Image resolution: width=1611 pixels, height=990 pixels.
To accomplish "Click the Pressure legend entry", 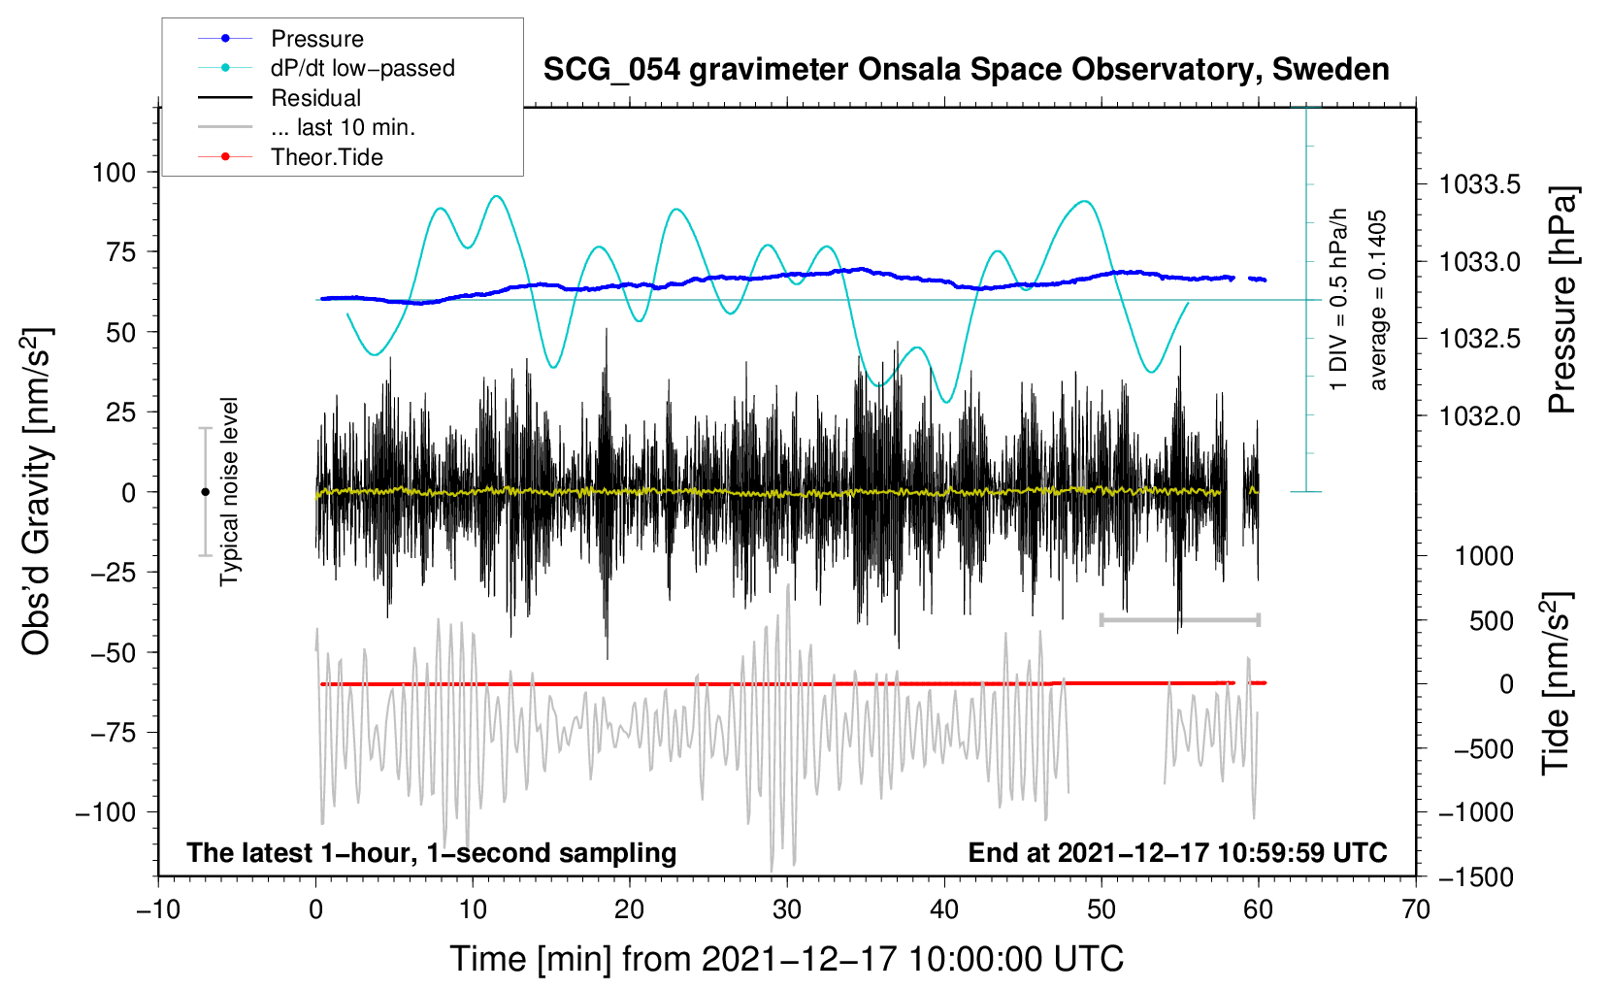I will (x=316, y=39).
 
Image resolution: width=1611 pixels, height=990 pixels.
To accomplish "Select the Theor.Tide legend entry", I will (x=326, y=157).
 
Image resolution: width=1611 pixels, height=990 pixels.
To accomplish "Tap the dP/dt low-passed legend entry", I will (x=362, y=68).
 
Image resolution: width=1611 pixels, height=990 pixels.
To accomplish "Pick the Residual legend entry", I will (x=315, y=98).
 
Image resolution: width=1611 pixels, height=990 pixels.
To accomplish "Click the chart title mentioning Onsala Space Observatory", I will (x=966, y=70).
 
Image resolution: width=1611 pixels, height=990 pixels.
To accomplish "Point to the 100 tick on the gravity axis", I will (x=114, y=173).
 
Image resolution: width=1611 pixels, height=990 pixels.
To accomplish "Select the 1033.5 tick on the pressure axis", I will (x=1479, y=184).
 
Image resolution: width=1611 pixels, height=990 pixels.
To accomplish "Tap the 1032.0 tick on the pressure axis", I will (x=1479, y=416).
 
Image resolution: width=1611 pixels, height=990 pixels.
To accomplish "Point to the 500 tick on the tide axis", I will (x=1491, y=621).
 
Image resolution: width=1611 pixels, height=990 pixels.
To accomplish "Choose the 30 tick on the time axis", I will (x=787, y=909).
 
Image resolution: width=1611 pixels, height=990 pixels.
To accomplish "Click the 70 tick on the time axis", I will (x=1416, y=909).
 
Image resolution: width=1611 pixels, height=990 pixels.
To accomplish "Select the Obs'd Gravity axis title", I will (x=37, y=492).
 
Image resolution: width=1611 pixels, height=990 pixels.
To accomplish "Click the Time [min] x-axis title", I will (x=786, y=959).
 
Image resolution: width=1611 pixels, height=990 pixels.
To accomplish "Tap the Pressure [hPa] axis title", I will (x=1562, y=301).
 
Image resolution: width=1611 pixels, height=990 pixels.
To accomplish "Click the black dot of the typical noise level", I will (x=205, y=492).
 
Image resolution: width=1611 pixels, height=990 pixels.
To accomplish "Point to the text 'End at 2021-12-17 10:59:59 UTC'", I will (x=1177, y=852).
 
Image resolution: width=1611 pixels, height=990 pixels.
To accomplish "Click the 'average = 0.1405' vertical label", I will (x=1378, y=301).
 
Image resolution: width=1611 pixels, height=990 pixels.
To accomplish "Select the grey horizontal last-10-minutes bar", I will (x=1179, y=619).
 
